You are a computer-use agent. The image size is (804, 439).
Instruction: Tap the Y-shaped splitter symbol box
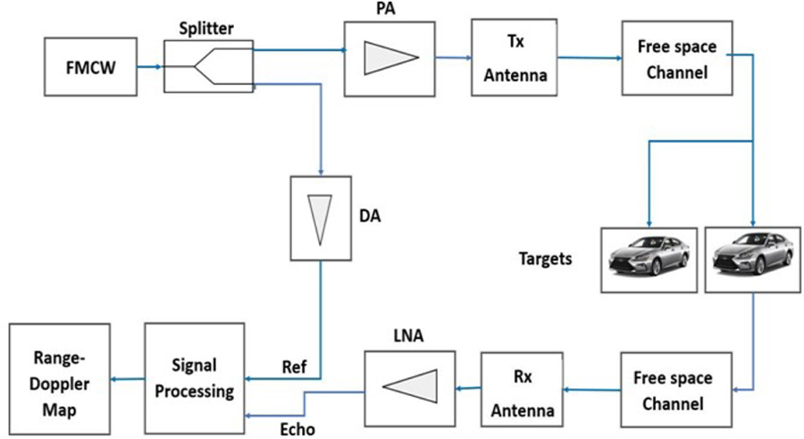pos(209,66)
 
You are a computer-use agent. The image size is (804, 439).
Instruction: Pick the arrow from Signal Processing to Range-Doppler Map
pos(128,377)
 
